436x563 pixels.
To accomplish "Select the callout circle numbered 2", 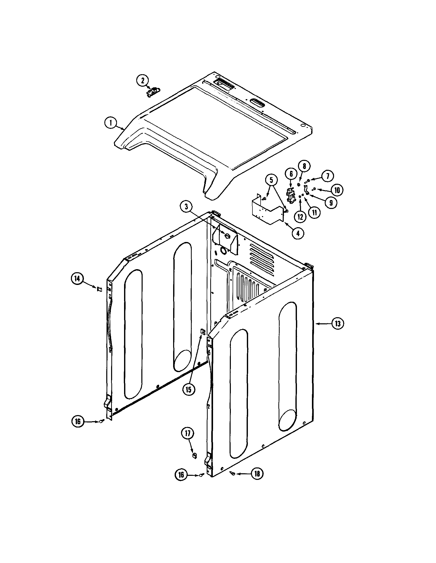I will point(143,80).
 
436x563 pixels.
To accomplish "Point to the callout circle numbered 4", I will point(298,233).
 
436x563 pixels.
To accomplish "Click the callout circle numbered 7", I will point(327,176).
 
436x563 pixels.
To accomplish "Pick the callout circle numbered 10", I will point(337,190).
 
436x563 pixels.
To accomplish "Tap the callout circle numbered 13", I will point(338,324).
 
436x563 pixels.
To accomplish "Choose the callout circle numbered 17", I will point(187,433).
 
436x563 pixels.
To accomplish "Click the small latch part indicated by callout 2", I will point(153,92).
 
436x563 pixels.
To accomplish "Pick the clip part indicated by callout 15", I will point(203,331).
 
